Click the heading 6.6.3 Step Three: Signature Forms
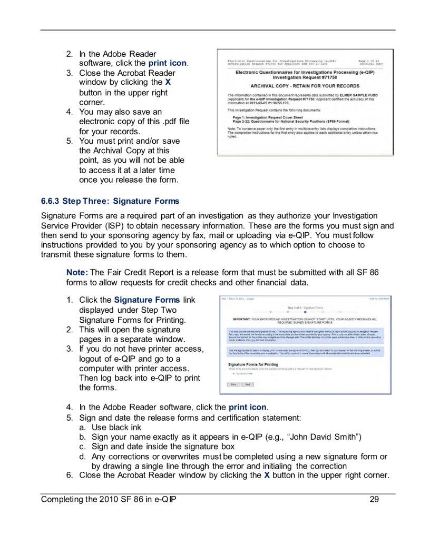click(110, 201)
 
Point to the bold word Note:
click(77, 272)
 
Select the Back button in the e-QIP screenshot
click(230, 384)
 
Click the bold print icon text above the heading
click(167, 63)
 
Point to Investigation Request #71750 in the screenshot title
click(305, 76)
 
